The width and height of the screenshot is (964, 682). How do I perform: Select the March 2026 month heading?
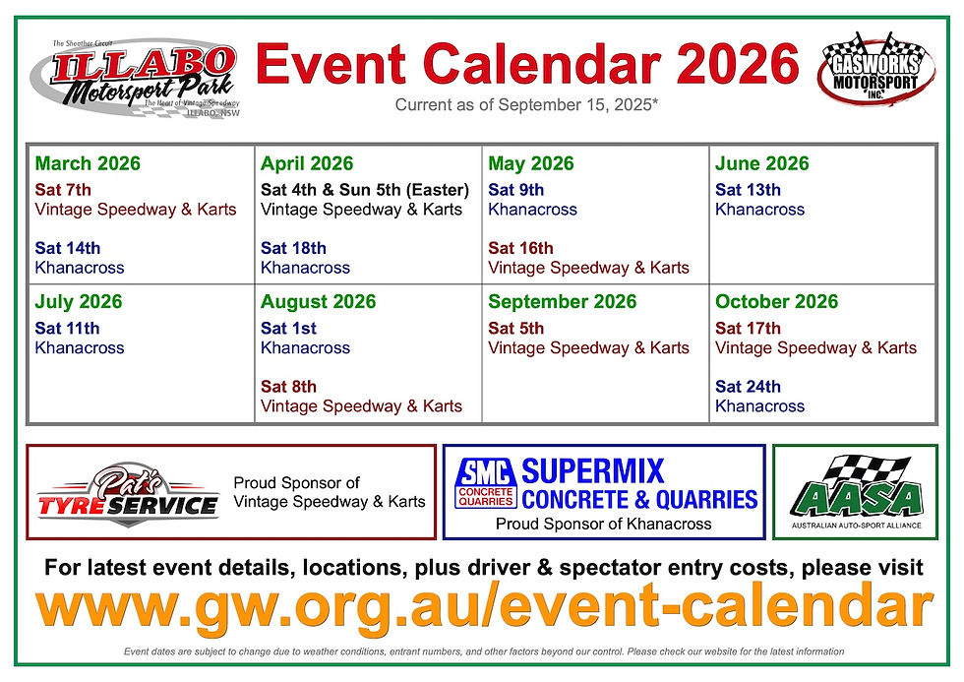[x=88, y=164]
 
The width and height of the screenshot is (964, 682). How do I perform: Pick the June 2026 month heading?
[x=762, y=164]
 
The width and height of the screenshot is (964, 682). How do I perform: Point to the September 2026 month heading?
[x=563, y=302]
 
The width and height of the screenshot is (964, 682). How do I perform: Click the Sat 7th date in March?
[x=63, y=190]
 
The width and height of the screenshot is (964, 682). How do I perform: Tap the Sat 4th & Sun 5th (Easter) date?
[x=365, y=190]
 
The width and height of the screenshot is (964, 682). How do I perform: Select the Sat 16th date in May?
[x=520, y=248]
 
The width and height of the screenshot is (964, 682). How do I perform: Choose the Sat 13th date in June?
[x=748, y=190]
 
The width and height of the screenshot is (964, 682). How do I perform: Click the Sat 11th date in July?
[x=67, y=329]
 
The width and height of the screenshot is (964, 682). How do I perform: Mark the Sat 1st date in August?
[x=288, y=329]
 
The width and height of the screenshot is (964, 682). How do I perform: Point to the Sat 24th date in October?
[x=748, y=387]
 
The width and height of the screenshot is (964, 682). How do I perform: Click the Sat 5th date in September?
[x=516, y=329]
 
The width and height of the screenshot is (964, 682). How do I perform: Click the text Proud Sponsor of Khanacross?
[x=603, y=525]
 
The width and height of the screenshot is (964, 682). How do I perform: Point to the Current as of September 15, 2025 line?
[x=526, y=106]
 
